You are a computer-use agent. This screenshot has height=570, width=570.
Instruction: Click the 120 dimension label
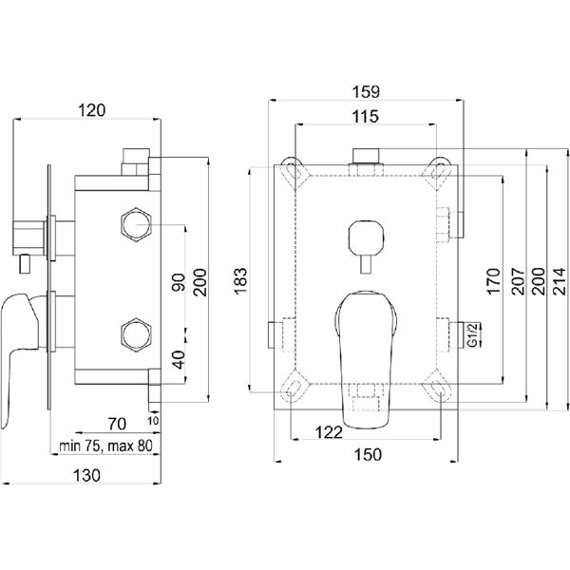tap(91, 110)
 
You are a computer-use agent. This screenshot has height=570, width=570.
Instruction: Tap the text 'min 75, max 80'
tap(105, 446)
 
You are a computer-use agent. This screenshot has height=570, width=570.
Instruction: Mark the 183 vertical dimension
tap(239, 278)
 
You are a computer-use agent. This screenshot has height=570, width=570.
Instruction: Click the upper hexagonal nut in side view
tap(137, 225)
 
